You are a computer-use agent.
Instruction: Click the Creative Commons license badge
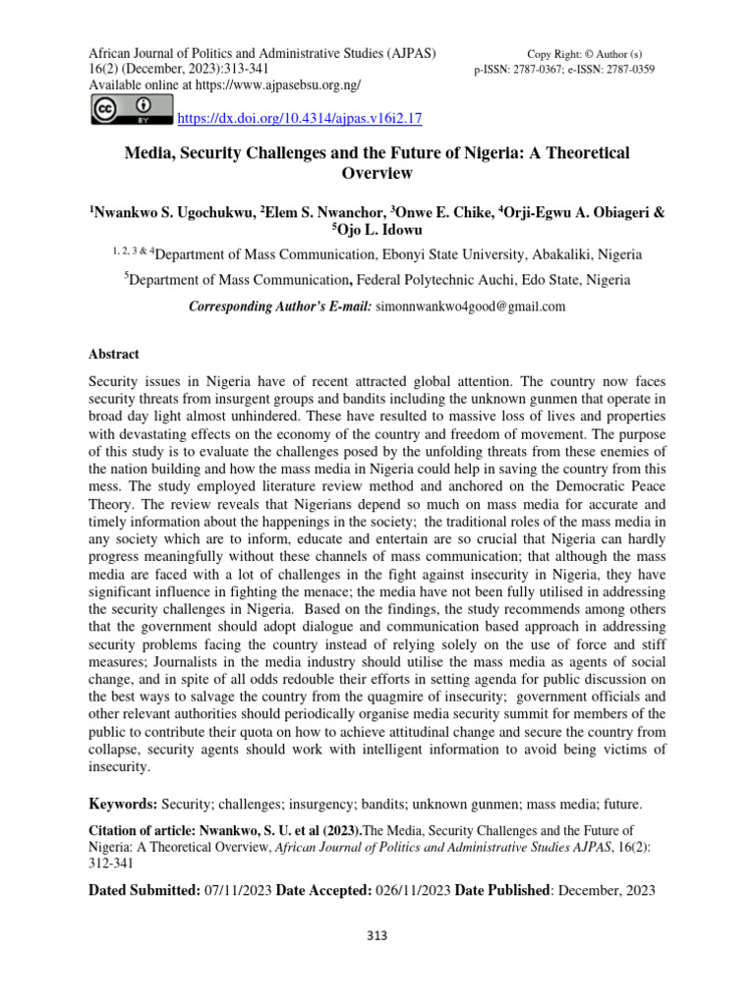point(130,109)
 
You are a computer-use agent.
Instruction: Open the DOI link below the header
point(298,119)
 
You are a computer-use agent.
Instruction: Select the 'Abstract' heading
point(114,354)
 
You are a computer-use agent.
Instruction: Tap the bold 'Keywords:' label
point(124,804)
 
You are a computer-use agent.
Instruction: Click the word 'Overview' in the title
point(376,174)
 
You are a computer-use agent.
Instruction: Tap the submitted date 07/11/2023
point(236,890)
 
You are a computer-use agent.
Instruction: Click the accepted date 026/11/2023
point(412,890)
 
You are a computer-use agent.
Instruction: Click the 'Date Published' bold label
point(501,890)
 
